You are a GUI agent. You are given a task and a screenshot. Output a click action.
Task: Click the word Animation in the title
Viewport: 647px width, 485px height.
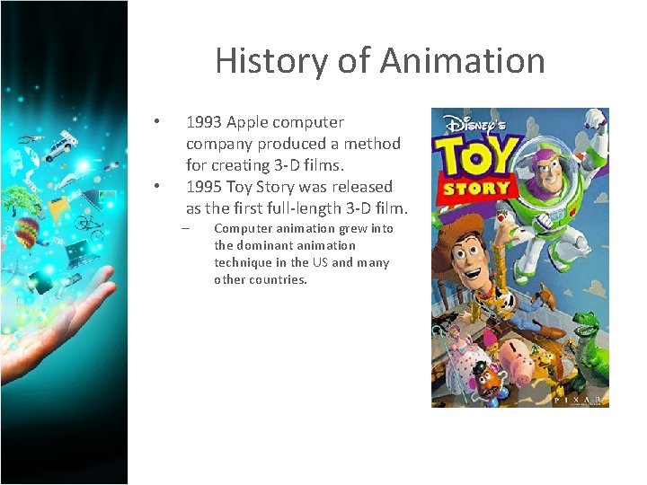click(462, 61)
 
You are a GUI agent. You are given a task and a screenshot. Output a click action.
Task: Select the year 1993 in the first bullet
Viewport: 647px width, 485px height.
click(203, 122)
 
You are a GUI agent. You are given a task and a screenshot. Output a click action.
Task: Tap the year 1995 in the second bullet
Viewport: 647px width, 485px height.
click(203, 187)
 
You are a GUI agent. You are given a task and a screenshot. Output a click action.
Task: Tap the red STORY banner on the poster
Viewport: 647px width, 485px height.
click(474, 189)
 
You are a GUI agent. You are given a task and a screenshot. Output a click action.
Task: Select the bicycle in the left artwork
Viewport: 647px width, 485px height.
click(88, 221)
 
